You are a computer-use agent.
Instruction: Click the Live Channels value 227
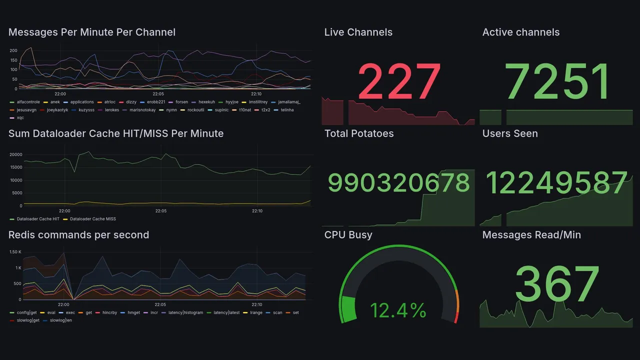[399, 81]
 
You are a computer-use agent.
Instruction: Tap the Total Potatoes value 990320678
[399, 183]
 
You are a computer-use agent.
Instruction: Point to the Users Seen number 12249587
[556, 183]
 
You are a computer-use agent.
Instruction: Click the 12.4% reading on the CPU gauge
[398, 310]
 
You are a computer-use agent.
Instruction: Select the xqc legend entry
[20, 117]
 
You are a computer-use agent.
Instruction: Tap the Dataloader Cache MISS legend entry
[93, 219]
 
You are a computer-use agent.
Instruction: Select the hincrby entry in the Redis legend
[109, 312]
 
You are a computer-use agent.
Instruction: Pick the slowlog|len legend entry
[61, 320]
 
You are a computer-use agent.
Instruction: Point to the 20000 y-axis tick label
[15, 154]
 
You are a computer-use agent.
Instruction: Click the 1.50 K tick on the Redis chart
[15, 252]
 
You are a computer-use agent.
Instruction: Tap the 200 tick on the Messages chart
[13, 50]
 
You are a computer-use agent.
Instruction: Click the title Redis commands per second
[78, 235]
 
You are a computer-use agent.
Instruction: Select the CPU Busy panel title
[348, 235]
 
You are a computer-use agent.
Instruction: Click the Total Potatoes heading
[358, 133]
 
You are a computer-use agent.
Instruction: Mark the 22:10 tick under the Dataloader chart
[257, 211]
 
